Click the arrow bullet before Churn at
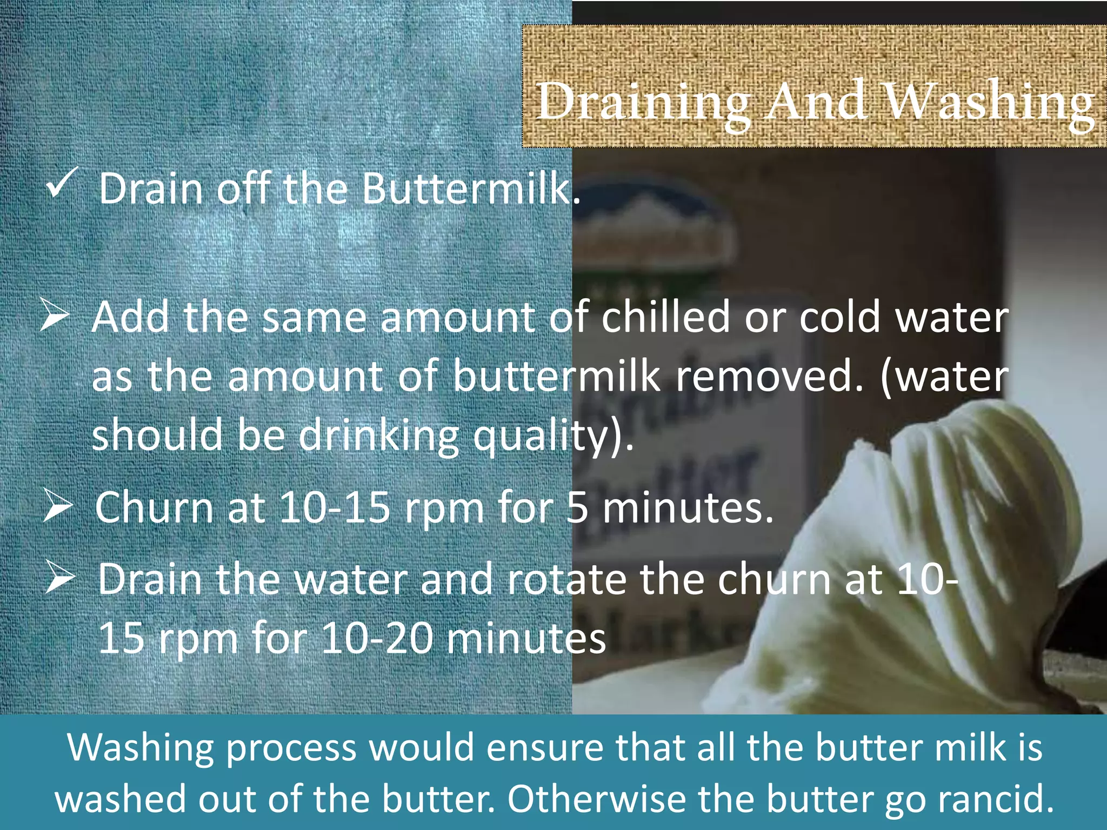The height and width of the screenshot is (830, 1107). tap(57, 506)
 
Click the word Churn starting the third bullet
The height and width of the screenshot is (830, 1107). tap(154, 508)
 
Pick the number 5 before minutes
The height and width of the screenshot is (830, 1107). tap(577, 508)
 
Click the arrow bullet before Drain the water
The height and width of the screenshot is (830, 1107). tap(59, 577)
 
